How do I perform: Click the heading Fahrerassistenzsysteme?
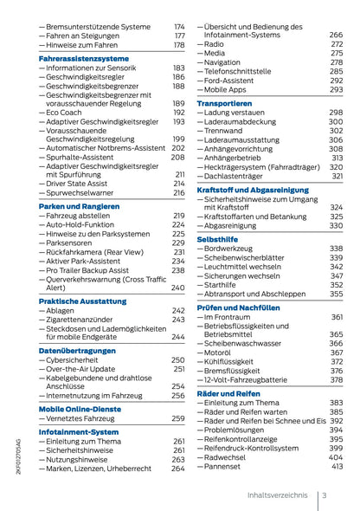pyautogui.click(x=83, y=58)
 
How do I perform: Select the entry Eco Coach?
pyautogui.click(x=66, y=113)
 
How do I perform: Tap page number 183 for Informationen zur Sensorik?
pyautogui.click(x=178, y=68)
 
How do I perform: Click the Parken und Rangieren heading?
pyautogui.click(x=78, y=206)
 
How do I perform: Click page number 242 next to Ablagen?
pyautogui.click(x=178, y=310)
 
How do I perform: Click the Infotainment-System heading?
pyautogui.click(x=79, y=431)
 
